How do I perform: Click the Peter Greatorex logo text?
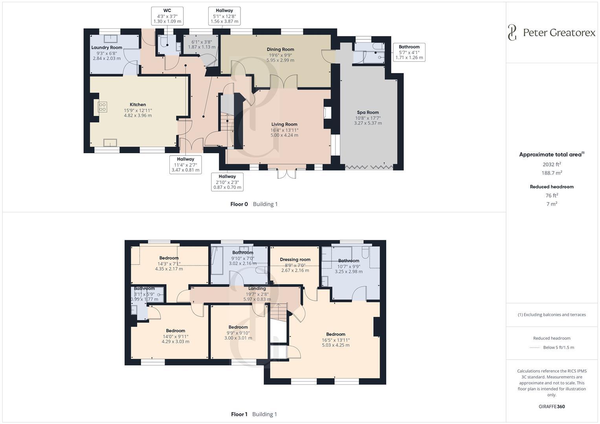tap(559, 33)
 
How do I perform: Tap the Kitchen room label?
tap(138, 105)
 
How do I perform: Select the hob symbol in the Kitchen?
tap(102, 107)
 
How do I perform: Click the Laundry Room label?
tap(106, 48)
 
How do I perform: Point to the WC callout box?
tap(167, 16)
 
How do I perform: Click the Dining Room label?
tap(280, 49)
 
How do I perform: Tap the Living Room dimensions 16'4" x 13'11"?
tap(284, 130)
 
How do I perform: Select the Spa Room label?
tap(367, 112)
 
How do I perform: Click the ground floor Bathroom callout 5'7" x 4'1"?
tap(409, 52)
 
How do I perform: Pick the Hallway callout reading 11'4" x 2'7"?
tap(185, 164)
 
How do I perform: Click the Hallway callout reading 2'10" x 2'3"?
tap(227, 182)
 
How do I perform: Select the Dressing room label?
tap(295, 260)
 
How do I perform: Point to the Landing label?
tap(257, 289)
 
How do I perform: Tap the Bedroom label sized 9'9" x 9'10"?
tap(238, 327)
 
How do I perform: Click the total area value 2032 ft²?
tap(552, 164)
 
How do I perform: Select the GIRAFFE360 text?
tap(552, 406)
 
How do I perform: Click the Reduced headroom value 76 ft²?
tap(552, 195)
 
